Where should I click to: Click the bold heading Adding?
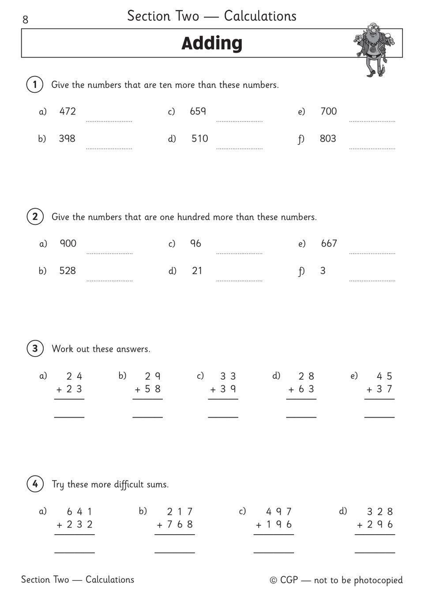pyautogui.click(x=212, y=43)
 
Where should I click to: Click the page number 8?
pyautogui.click(x=25, y=19)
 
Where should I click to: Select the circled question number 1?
pyautogui.click(x=35, y=84)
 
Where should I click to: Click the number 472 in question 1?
pyautogui.click(x=68, y=111)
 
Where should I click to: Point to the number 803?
pyautogui.click(x=328, y=139)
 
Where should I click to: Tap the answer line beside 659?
pyautogui.click(x=239, y=120)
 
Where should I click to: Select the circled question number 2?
pyautogui.click(x=35, y=217)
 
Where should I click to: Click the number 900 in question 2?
pyautogui.click(x=68, y=243)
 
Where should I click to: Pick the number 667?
pyautogui.click(x=329, y=243)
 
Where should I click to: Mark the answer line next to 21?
pyautogui.click(x=239, y=280)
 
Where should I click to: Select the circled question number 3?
pyautogui.click(x=35, y=348)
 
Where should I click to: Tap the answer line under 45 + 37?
pyautogui.click(x=379, y=416)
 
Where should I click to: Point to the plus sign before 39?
pyautogui.click(x=213, y=390)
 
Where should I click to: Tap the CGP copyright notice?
pyautogui.click(x=336, y=580)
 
